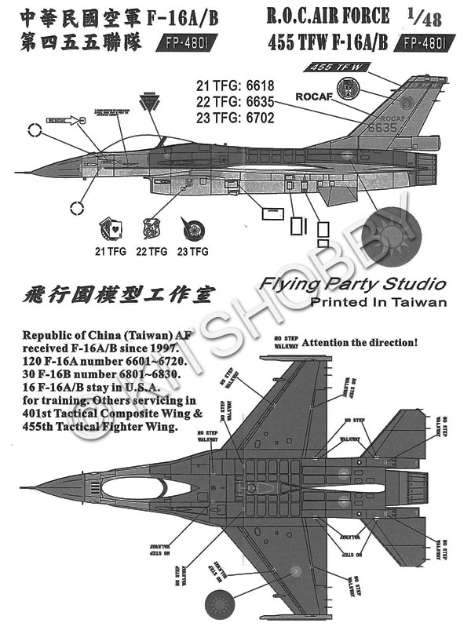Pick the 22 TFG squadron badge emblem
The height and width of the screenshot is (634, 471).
pos(152,228)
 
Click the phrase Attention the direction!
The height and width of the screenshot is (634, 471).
pos(360,342)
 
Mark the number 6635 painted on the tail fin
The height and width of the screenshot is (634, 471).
pos(383,126)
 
